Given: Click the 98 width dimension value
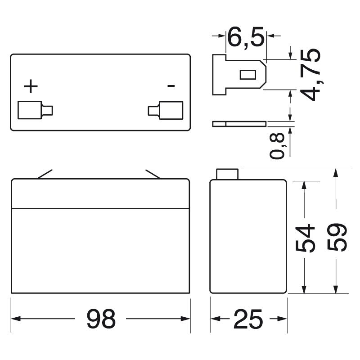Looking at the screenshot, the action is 101,319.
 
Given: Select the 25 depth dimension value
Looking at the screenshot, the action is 248,319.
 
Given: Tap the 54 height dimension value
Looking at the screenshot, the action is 305,238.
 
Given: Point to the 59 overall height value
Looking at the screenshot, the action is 337,238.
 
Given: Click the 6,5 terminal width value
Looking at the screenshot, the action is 246,37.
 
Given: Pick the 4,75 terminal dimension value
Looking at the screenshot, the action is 310,74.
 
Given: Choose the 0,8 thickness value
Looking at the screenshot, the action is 277,146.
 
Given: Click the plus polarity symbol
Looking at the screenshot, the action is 31,86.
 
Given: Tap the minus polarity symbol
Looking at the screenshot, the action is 171,86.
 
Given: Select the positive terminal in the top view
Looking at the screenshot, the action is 35,110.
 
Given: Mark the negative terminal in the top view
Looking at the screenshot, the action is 166,110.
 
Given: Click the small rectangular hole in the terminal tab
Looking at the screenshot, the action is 248,75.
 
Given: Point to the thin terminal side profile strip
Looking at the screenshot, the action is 239,124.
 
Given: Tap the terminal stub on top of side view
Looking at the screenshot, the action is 227,174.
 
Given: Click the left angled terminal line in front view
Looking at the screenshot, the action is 45,174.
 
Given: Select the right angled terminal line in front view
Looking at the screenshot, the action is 153,174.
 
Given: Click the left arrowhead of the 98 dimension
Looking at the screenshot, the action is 16,319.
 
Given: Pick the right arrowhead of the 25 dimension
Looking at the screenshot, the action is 283,319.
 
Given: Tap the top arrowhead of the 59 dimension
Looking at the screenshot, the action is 336,173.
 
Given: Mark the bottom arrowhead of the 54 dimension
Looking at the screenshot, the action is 304,289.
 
